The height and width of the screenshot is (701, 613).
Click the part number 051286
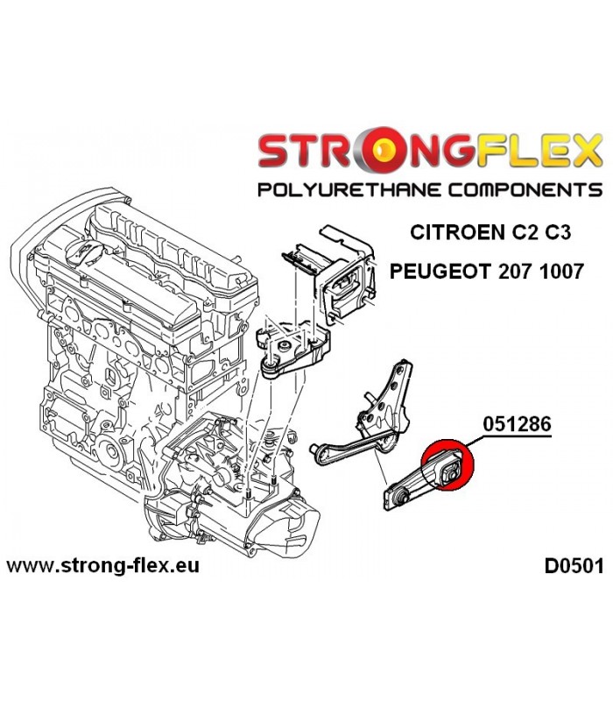(517, 423)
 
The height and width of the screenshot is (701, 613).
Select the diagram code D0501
(574, 566)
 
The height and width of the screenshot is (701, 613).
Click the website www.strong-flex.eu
(103, 566)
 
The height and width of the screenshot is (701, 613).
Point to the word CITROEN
(454, 232)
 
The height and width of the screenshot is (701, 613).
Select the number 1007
(562, 271)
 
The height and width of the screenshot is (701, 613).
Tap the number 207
(512, 271)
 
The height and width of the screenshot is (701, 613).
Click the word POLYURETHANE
(349, 190)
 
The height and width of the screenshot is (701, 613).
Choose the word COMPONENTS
(525, 190)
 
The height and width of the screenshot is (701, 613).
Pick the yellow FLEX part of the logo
(518, 150)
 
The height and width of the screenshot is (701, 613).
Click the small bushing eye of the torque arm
(400, 495)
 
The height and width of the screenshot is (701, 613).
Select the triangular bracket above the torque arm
(385, 393)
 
